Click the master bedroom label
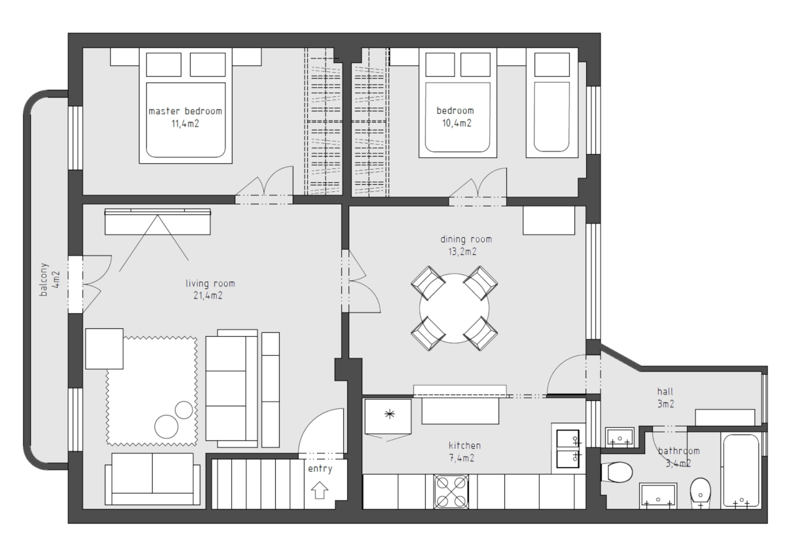pyautogui.click(x=185, y=111)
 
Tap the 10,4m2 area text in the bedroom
pyautogui.click(x=457, y=123)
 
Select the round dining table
pyautogui.click(x=454, y=308)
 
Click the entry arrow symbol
pyautogui.click(x=320, y=490)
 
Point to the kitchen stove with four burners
pyautogui.click(x=451, y=491)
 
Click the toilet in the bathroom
pyautogui.click(x=616, y=472)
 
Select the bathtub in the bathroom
pyautogui.click(x=741, y=471)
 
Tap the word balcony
pyautogui.click(x=43, y=279)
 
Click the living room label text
pyautogui.click(x=210, y=283)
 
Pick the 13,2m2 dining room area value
pyautogui.click(x=462, y=252)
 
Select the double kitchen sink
pyautogui.click(x=568, y=449)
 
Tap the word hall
pyautogui.click(x=665, y=391)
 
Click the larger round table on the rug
pyautogui.click(x=166, y=427)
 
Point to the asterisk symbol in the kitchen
pyautogui.click(x=390, y=414)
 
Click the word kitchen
pyautogui.click(x=464, y=446)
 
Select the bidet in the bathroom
pyautogui.click(x=700, y=492)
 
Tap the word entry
pyautogui.click(x=320, y=469)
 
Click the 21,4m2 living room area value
pyautogui.click(x=208, y=296)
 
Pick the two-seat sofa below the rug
pyautogui.click(x=153, y=478)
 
